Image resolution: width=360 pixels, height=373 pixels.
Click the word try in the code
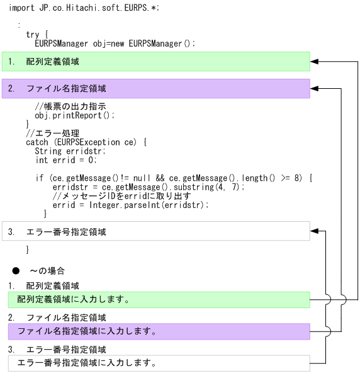click(33, 35)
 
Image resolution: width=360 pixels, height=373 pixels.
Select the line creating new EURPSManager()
click(115, 43)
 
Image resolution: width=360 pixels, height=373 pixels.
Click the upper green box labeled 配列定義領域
click(155, 62)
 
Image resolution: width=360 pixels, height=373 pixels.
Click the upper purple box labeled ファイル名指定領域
click(155, 89)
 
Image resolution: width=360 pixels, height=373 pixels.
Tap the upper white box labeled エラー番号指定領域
click(155, 231)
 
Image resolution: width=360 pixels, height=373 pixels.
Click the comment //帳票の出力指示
click(70, 106)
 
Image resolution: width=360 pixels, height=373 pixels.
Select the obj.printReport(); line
click(75, 115)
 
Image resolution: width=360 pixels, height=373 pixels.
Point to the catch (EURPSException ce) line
click(86, 142)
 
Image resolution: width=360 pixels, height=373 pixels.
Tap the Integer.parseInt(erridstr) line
click(130, 205)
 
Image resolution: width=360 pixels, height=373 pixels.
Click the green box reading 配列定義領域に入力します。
click(155, 299)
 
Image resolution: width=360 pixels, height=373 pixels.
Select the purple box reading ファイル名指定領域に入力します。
click(155, 331)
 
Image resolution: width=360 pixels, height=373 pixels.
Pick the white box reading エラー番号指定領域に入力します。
click(155, 363)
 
